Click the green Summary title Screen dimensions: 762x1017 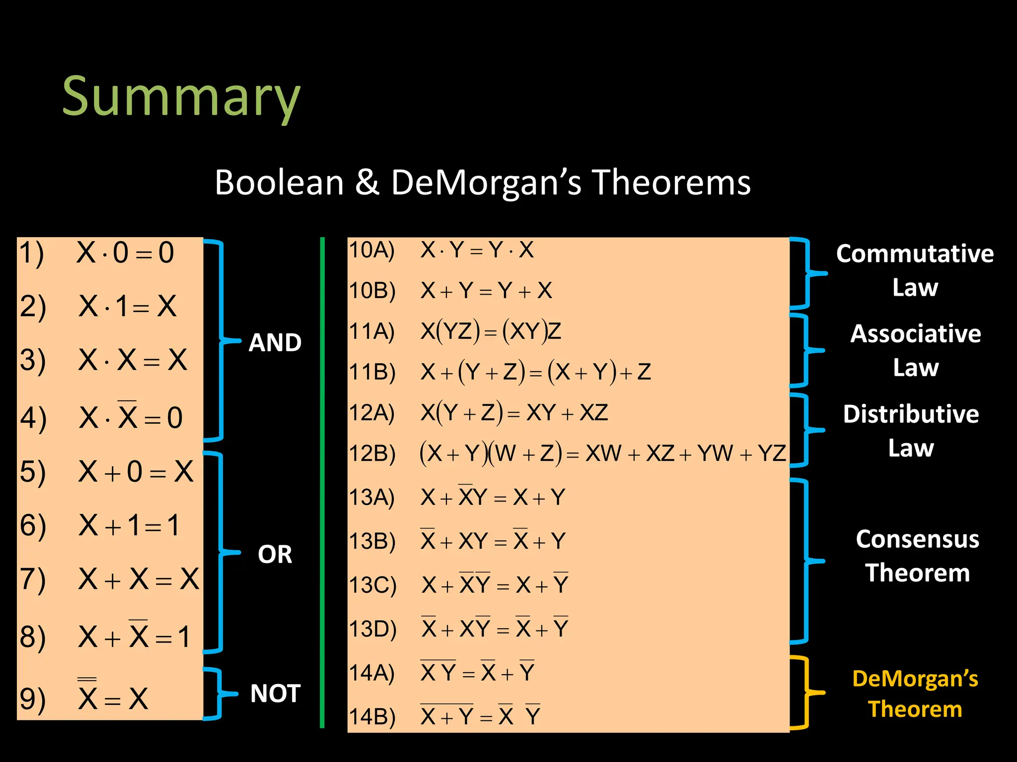point(181,97)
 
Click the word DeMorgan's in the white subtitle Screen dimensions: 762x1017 point(486,183)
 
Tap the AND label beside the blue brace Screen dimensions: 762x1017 point(275,342)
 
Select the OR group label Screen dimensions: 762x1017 point(275,554)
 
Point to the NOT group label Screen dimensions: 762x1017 point(275,693)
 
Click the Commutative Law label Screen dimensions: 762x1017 point(915,270)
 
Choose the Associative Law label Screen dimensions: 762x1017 point(915,350)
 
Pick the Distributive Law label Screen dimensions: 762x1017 point(911,431)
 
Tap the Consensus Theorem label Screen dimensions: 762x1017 point(917,556)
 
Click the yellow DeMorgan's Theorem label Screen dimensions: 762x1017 point(915,694)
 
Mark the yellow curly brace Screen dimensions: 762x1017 point(805,693)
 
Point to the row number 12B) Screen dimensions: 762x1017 point(372,453)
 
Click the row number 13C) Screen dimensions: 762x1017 point(372,585)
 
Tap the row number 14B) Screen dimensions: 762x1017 point(372,717)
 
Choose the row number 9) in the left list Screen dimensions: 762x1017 point(32,698)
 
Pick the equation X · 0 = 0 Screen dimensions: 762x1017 point(125,253)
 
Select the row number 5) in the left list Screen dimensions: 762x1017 point(32,471)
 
